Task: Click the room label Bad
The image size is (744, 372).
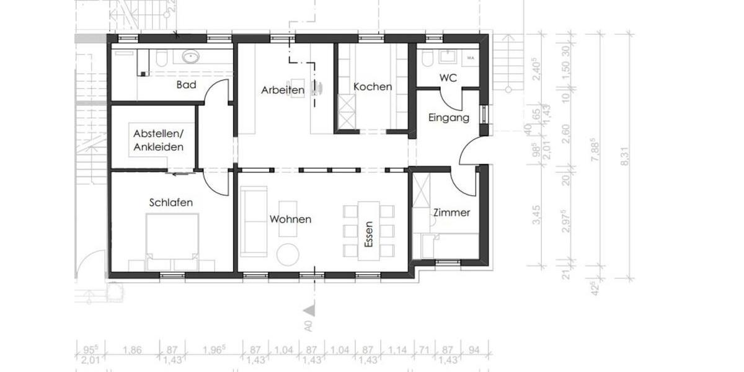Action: pos(187,85)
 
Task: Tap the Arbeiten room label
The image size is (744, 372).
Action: pos(282,90)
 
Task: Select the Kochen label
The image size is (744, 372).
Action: pos(373,87)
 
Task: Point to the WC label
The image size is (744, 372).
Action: pos(448,78)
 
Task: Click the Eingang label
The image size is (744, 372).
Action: pos(449,117)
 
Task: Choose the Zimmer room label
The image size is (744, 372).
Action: pos(451,213)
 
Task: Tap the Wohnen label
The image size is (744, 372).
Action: pos(290,219)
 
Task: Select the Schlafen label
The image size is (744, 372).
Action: pos(170,202)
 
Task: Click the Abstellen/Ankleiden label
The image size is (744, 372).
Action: pos(158,140)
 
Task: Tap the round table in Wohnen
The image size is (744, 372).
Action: pos(288,254)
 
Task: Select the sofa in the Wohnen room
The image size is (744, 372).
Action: pos(254,221)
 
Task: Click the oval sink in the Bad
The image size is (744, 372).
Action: pos(190,58)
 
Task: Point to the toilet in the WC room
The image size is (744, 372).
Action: pos(427,59)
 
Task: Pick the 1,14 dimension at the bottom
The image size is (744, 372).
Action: pos(395,350)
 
